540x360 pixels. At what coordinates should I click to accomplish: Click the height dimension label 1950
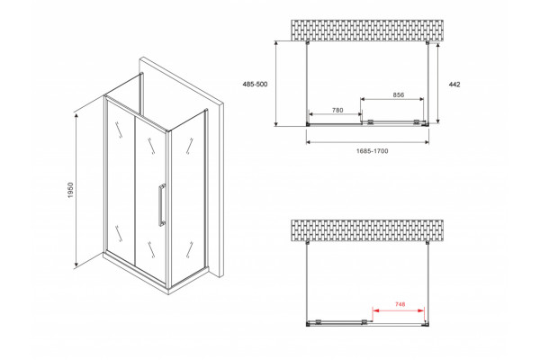[70, 190]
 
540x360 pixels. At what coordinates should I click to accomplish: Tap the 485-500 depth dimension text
[255, 84]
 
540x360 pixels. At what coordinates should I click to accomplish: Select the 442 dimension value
[454, 85]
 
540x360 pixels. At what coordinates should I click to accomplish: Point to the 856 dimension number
[399, 94]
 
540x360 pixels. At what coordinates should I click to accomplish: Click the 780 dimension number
[337, 110]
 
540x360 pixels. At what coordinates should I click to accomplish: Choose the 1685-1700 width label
[372, 151]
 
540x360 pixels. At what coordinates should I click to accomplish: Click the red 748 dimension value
[400, 304]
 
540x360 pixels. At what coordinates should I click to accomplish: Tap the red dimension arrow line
[398, 310]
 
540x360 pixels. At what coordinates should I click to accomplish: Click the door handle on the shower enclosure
[161, 205]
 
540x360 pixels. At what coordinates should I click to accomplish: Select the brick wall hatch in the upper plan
[367, 31]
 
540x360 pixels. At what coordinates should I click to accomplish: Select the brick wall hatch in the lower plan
[367, 230]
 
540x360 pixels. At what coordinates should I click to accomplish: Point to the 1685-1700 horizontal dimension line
[367, 141]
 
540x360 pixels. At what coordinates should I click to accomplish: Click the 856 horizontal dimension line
[391, 99]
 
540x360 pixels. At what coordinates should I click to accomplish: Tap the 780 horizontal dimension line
[336, 114]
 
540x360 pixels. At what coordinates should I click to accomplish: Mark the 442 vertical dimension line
[437, 83]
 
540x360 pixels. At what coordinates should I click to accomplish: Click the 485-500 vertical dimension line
[276, 84]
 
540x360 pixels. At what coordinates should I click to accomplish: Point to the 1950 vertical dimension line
[76, 190]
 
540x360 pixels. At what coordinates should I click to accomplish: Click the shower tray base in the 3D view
[156, 274]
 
